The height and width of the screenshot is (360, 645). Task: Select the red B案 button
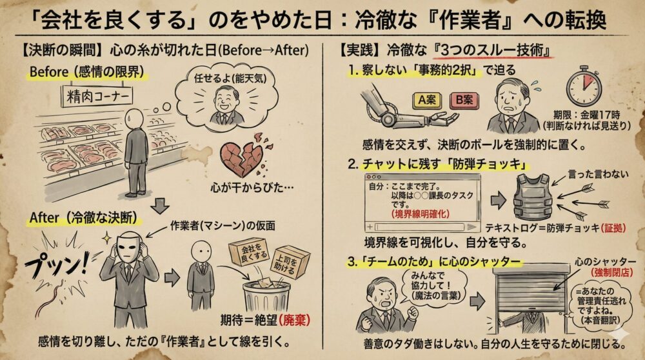click(463, 101)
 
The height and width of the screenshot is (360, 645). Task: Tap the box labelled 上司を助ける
click(291, 260)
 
